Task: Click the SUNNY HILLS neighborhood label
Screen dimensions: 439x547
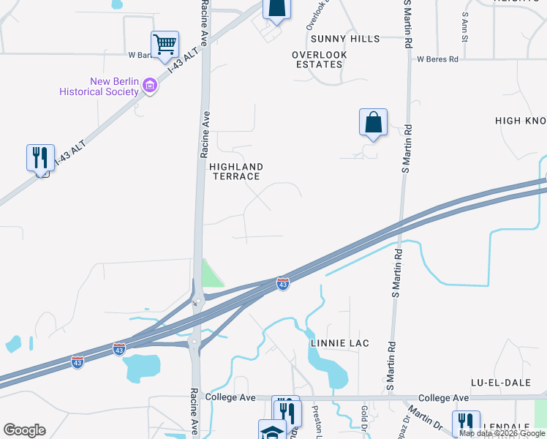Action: tap(345, 39)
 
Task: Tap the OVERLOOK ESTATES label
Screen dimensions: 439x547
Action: tap(318, 59)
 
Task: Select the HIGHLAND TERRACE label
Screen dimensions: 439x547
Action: tap(235, 172)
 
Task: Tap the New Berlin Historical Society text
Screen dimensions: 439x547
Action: tap(99, 86)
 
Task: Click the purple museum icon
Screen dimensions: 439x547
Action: tap(149, 86)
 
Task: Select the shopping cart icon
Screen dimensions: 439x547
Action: tap(165, 45)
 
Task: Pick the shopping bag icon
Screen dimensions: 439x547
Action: tap(373, 122)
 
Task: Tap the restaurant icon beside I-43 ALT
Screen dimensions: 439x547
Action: tap(40, 157)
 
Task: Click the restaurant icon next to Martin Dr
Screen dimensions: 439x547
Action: tap(465, 423)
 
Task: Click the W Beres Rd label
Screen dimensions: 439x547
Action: tap(437, 59)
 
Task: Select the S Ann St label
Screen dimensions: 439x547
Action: tap(464, 26)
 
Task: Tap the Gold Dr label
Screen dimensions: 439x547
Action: tap(363, 415)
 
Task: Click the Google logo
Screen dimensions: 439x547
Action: tap(24, 430)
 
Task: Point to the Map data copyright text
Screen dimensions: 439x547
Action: tap(502, 433)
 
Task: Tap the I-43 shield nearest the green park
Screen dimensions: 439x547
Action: tap(282, 283)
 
